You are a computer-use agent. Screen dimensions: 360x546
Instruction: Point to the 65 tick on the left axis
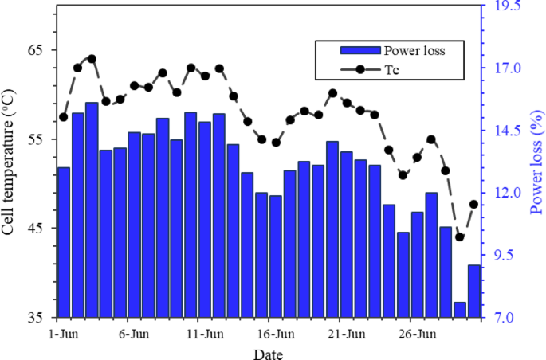pyautogui.click(x=36, y=49)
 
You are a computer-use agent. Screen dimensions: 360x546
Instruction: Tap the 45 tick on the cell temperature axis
pyautogui.click(x=36, y=228)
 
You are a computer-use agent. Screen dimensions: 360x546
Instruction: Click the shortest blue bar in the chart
pyautogui.click(x=460, y=309)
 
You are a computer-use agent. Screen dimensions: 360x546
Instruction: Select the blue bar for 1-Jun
pyautogui.click(x=64, y=242)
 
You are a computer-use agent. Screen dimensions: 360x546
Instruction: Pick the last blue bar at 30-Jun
pyautogui.click(x=474, y=291)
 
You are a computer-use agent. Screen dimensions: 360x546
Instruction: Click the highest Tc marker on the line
pyautogui.click(x=92, y=59)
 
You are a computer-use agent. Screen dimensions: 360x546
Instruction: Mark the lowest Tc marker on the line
pyautogui.click(x=460, y=237)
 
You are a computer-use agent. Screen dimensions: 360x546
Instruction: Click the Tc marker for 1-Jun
pyautogui.click(x=64, y=117)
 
